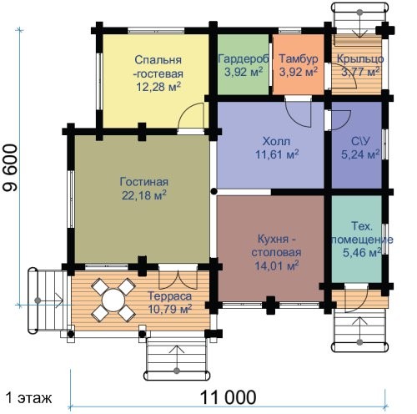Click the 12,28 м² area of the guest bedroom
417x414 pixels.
[x=158, y=87]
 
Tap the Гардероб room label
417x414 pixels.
[x=244, y=58]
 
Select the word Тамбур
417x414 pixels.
[x=299, y=58]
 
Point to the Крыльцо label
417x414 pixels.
[x=360, y=59]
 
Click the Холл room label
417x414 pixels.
[x=276, y=141]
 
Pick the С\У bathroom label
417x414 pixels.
[x=360, y=141]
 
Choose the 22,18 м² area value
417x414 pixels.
[x=144, y=195]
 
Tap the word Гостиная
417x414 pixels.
[x=144, y=182]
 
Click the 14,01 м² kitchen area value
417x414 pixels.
[x=277, y=265]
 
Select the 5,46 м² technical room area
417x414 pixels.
[x=362, y=253]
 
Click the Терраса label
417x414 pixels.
[x=170, y=296]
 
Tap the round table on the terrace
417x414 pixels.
[x=113, y=300]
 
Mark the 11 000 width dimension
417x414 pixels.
[x=228, y=397]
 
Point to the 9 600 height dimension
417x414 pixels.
[x=10, y=168]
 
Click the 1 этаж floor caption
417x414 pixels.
[x=29, y=398]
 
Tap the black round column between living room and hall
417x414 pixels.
[x=214, y=191]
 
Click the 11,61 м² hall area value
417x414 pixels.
[x=277, y=154]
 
